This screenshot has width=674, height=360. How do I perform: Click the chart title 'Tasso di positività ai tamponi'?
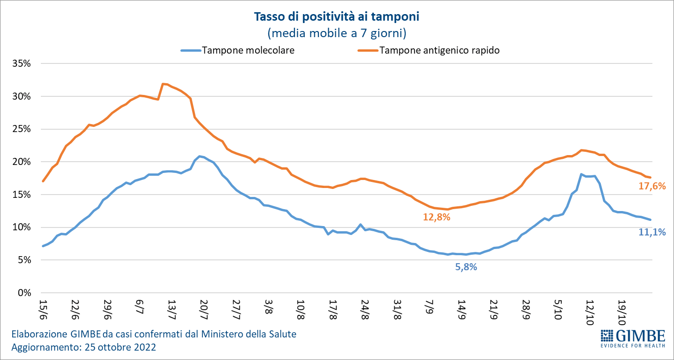[x=336, y=17]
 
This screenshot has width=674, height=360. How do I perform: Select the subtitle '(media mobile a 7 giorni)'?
[x=336, y=33]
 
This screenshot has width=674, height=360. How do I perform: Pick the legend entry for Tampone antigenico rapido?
[x=439, y=50]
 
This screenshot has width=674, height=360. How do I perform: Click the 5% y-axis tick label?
[x=24, y=260]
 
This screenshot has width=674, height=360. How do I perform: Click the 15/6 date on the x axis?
[x=44, y=308]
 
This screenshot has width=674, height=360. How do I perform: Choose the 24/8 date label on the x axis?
[x=364, y=308]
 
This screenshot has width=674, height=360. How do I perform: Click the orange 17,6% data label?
[x=652, y=186]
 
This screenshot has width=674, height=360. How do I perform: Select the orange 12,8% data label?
[x=436, y=217]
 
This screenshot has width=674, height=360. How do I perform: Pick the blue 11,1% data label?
[x=652, y=231]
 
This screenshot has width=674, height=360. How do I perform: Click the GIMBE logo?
[x=633, y=338]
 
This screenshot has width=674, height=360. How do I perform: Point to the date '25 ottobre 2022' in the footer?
[x=120, y=348]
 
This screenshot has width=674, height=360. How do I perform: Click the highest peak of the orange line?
[x=163, y=84]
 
